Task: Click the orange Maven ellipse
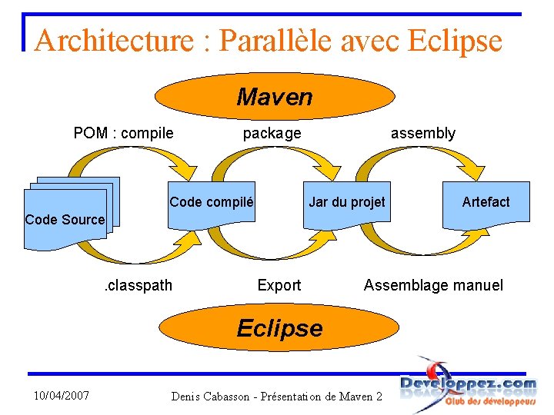275,97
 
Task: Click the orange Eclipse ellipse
279,328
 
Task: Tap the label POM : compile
123,133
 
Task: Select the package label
272,133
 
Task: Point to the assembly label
422,133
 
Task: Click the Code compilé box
212,203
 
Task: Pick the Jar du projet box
346,203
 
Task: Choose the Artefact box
486,203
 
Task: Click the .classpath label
138,285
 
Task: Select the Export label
279,285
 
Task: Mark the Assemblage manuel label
433,285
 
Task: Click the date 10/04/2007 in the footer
62,395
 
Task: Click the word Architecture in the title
115,40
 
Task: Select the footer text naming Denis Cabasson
277,397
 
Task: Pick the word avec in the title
369,40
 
